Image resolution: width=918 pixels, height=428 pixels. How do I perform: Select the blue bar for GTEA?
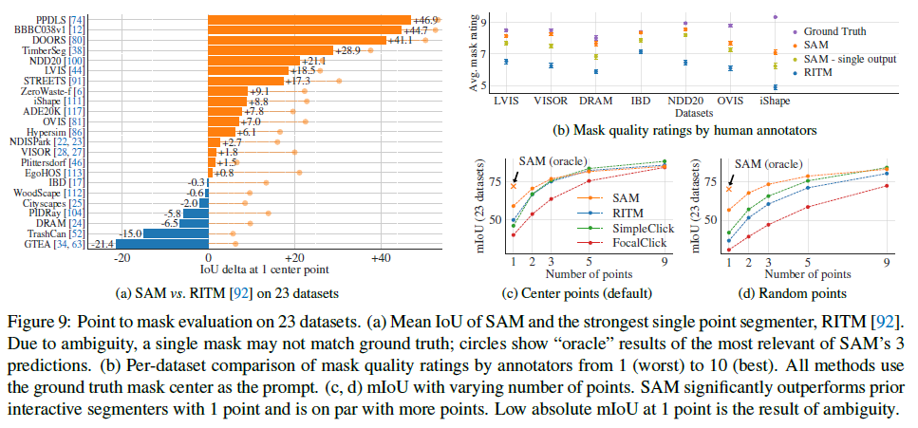[161, 244]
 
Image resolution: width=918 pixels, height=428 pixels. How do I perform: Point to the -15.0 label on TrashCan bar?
[130, 233]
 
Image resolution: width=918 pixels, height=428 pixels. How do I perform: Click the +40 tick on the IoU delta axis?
[380, 257]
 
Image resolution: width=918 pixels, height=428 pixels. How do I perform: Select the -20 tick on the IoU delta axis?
[122, 257]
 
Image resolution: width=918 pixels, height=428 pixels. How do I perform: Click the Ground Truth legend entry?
[838, 31]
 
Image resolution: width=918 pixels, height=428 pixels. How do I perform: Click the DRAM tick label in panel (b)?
[594, 99]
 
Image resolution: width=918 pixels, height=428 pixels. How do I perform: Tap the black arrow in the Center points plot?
[515, 177]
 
